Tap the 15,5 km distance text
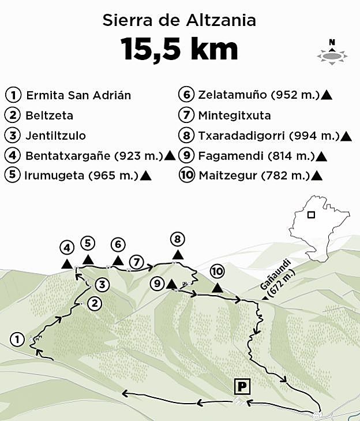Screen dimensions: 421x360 pyautogui.click(x=179, y=49)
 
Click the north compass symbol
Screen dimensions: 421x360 pyautogui.click(x=332, y=53)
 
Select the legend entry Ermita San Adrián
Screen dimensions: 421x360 pyautogui.click(x=78, y=95)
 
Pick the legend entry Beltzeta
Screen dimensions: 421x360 pyautogui.click(x=49, y=115)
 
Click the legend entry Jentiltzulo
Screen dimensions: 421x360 pyautogui.click(x=55, y=136)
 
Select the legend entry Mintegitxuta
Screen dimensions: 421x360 pyautogui.click(x=234, y=115)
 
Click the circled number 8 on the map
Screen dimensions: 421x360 pyautogui.click(x=177, y=239)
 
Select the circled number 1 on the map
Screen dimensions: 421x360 pyautogui.click(x=18, y=340)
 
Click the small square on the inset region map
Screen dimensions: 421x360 pyautogui.click(x=311, y=215)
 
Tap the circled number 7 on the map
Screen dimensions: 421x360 pyautogui.click(x=136, y=262)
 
